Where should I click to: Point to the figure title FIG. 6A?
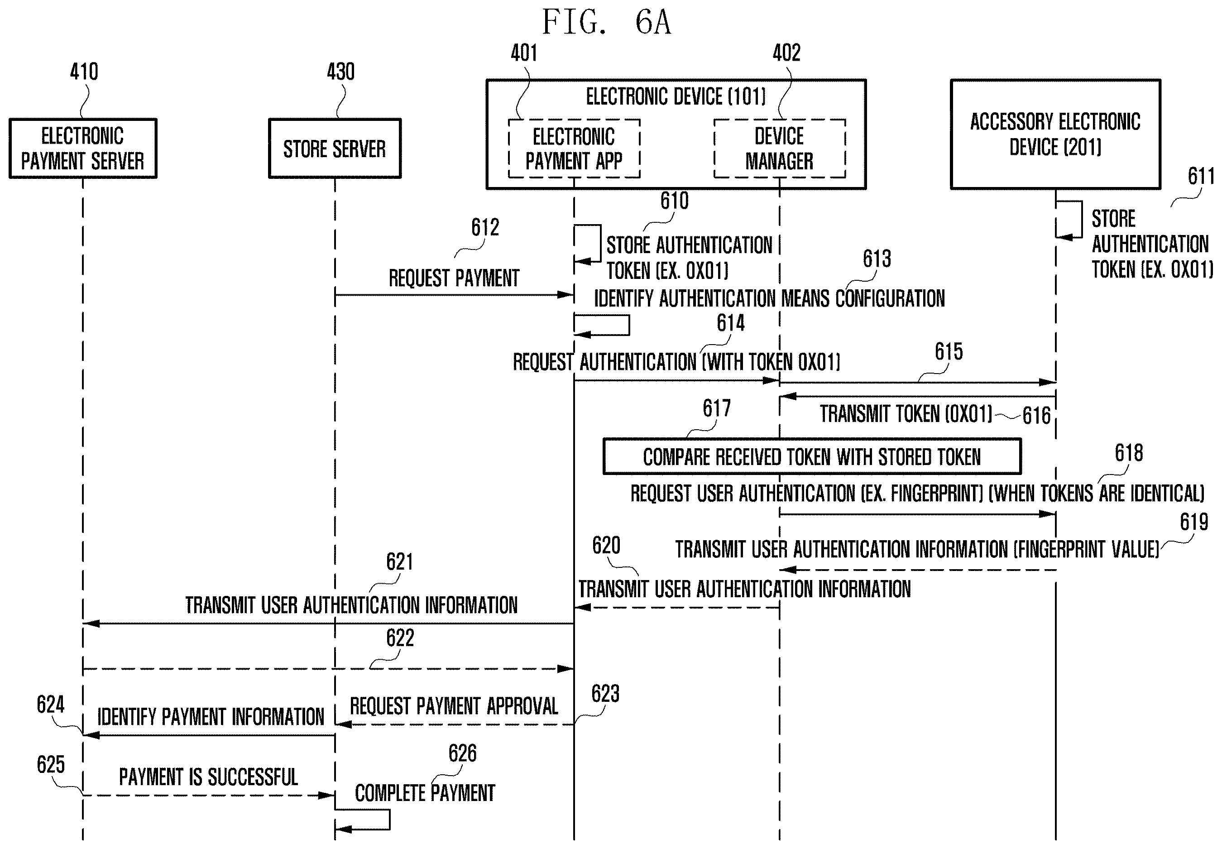click(607, 22)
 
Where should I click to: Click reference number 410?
click(84, 71)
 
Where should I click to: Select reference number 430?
click(340, 71)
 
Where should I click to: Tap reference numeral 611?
click(1201, 176)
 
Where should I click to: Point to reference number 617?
click(717, 408)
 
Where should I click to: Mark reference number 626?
click(462, 753)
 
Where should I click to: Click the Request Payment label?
click(454, 278)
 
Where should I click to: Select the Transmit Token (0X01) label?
click(906, 414)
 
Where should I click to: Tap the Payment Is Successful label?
click(208, 777)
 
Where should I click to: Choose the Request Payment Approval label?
click(454, 706)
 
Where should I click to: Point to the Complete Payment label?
click(425, 793)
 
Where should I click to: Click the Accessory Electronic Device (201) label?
click(1055, 134)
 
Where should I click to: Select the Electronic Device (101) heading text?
click(676, 97)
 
